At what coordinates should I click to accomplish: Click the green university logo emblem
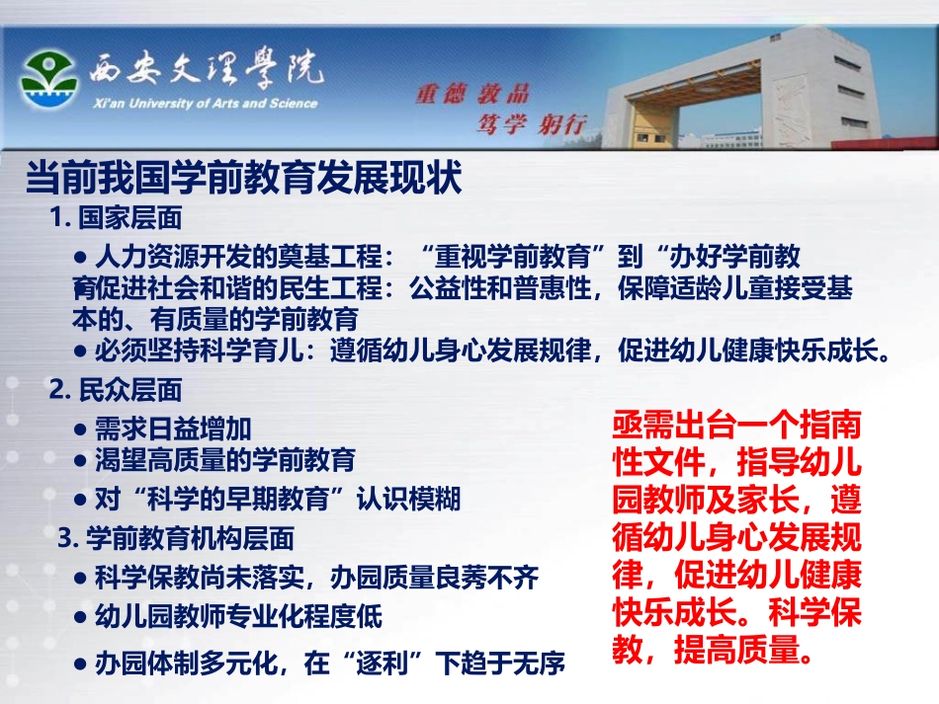[x=48, y=81]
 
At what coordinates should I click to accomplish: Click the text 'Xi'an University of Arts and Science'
[x=203, y=104]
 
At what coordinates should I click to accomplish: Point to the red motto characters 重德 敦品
[x=472, y=95]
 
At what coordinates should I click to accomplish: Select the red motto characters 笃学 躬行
[x=532, y=123]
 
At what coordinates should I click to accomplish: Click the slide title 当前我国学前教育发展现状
[x=243, y=180]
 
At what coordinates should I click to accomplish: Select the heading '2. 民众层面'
[x=115, y=390]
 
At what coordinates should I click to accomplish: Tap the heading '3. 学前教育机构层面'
[x=176, y=539]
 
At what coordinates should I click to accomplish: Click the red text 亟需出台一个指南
[x=736, y=430]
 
